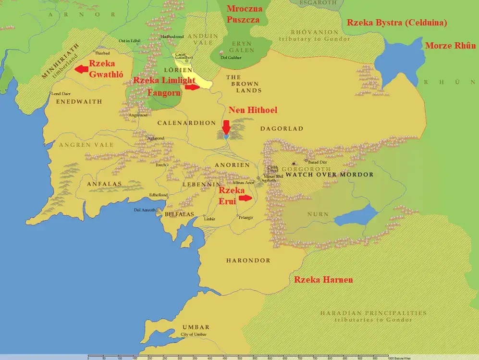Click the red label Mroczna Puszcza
pyautogui.click(x=244, y=14)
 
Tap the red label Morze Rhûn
pyautogui.click(x=450, y=46)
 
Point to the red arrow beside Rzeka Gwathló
pyautogui.click(x=82, y=70)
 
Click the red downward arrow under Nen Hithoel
pyautogui.click(x=226, y=128)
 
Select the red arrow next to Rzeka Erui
pyautogui.click(x=245, y=198)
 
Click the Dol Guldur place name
pyautogui.click(x=231, y=58)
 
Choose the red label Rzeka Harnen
pyautogui.click(x=323, y=280)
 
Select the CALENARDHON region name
pyautogui.click(x=186, y=123)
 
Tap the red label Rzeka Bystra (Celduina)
pyautogui.click(x=396, y=23)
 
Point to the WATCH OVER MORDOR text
pyautogui.click(x=330, y=174)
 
